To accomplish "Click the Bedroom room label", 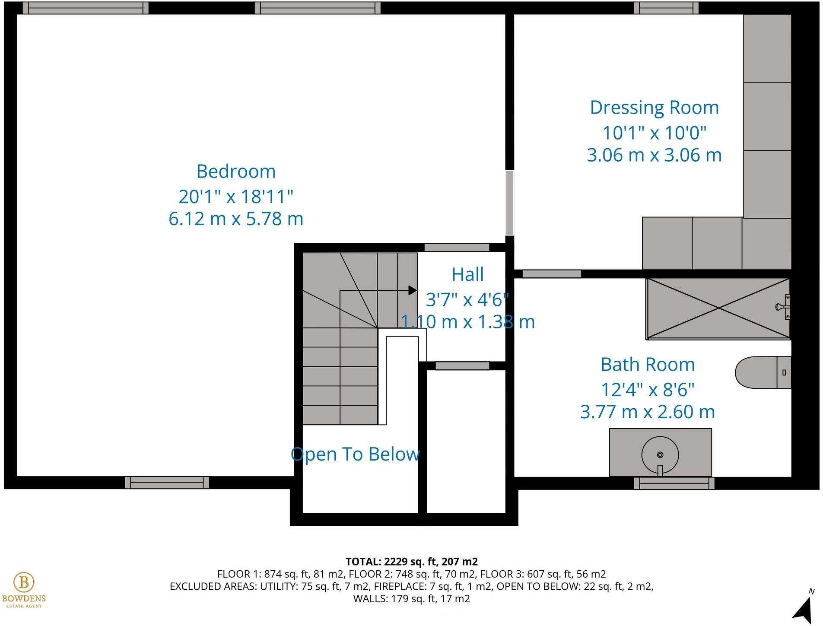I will point(236,172).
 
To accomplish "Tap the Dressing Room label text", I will point(654,108).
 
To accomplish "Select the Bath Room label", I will point(647,365).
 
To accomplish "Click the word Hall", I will point(467,274).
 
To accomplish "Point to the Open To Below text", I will point(355,454).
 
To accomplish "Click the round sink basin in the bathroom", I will point(660,454).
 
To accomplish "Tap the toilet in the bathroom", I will point(762,372).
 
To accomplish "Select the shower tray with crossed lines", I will point(717,308).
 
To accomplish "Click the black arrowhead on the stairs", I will point(413,290).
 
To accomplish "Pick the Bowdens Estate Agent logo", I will point(24,589).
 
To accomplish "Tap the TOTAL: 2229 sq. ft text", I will point(411,562).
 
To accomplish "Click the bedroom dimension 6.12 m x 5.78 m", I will point(236,219).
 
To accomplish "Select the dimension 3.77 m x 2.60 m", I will point(647,412).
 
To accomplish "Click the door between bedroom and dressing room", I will point(510,203).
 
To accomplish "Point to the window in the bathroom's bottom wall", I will point(674,483).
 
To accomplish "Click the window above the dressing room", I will point(666,8).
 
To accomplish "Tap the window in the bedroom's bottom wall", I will point(167,483).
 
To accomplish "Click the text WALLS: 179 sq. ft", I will point(411,599).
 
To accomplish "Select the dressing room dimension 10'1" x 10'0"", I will point(654,133).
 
